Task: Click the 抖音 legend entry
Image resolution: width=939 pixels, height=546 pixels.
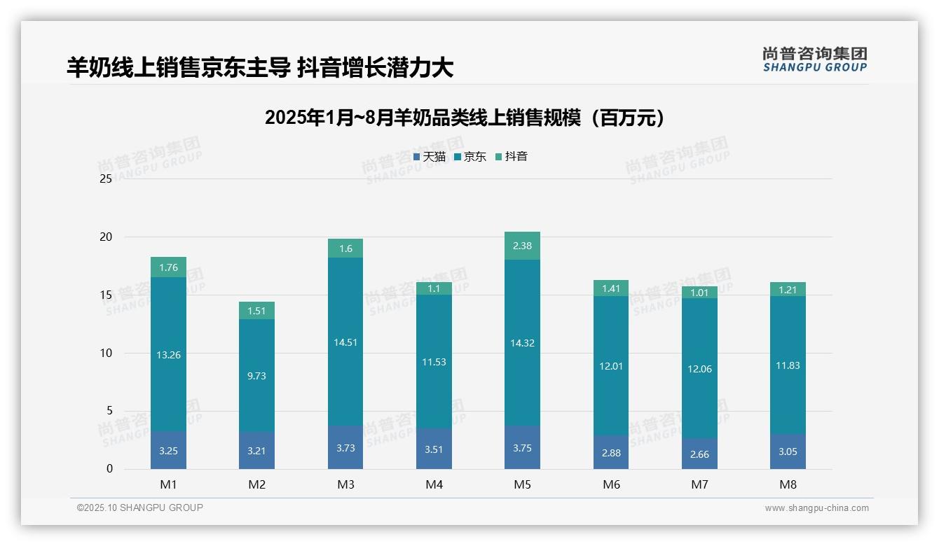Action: coord(512,157)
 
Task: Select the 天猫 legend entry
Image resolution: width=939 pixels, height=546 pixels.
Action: coord(430,157)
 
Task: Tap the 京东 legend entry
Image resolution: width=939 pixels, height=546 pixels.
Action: coord(470,157)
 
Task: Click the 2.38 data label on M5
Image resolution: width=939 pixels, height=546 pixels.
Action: coord(522,246)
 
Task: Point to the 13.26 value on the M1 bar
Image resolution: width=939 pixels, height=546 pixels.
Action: coord(168,355)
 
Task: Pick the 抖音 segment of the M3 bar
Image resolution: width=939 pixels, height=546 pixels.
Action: coord(345,248)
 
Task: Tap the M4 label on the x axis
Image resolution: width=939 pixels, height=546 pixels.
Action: coord(434,484)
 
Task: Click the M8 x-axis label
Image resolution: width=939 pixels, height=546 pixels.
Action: coord(788,484)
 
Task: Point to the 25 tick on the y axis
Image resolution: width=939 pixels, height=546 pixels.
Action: coord(106,179)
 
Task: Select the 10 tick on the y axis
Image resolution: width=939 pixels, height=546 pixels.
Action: coord(106,353)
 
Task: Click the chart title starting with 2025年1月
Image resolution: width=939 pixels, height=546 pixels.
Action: coord(464,118)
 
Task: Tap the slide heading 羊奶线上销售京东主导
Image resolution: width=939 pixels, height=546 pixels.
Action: coord(260,67)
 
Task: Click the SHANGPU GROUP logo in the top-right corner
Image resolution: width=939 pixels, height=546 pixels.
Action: coord(814,59)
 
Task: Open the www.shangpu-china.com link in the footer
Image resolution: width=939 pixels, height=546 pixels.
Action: coord(816,508)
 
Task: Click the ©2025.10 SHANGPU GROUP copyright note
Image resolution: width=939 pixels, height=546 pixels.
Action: coord(140,508)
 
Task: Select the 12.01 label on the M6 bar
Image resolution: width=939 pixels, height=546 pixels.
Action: coord(611,366)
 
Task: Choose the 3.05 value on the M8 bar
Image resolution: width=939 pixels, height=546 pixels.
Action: coord(788,451)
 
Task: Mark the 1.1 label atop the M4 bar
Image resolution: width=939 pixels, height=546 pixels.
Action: coord(434,288)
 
